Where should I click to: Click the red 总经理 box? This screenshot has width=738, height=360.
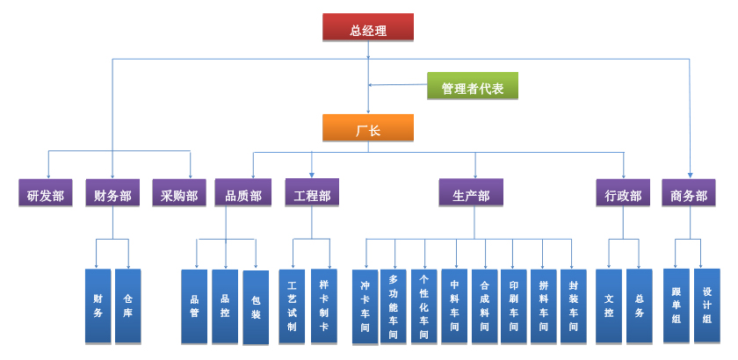pos(367,28)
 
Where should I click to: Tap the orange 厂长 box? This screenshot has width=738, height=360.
pos(367,129)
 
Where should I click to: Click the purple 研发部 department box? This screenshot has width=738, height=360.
pos(45,194)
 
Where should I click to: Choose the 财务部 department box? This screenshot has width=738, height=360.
pos(112,194)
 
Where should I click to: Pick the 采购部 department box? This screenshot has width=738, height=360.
pos(178,194)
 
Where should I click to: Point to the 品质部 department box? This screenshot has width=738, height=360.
pos(242,194)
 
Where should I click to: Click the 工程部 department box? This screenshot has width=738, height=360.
pos(311,193)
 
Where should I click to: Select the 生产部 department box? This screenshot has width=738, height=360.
pos(471,193)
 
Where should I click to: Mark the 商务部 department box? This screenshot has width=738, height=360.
pos(689,194)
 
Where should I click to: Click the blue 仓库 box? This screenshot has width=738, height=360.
pos(128,306)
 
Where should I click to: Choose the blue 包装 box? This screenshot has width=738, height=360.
pos(256,307)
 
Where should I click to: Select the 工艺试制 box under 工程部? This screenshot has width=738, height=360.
pos(292,306)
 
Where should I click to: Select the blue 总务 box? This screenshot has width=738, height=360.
pos(639,306)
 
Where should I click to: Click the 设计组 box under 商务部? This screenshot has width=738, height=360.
pos(706,306)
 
